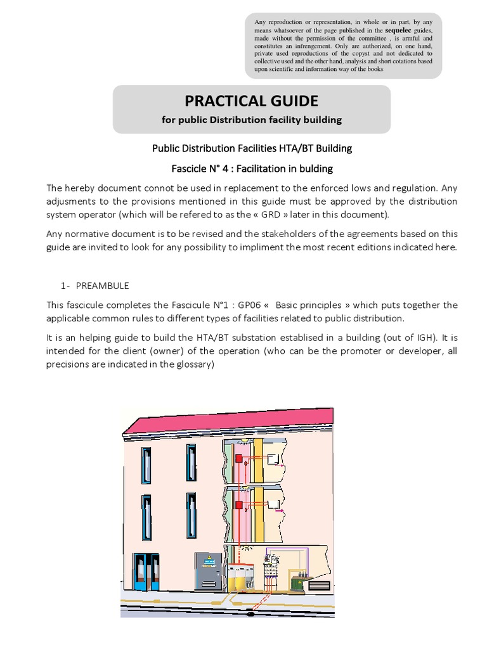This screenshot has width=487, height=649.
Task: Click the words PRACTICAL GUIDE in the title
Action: pos(251,101)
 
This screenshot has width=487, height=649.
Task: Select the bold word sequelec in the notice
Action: pos(398,30)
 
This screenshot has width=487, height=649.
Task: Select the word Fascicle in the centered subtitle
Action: pos(194,169)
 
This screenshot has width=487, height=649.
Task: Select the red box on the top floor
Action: pos(239,458)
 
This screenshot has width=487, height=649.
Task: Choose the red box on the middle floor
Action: pos(239,506)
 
